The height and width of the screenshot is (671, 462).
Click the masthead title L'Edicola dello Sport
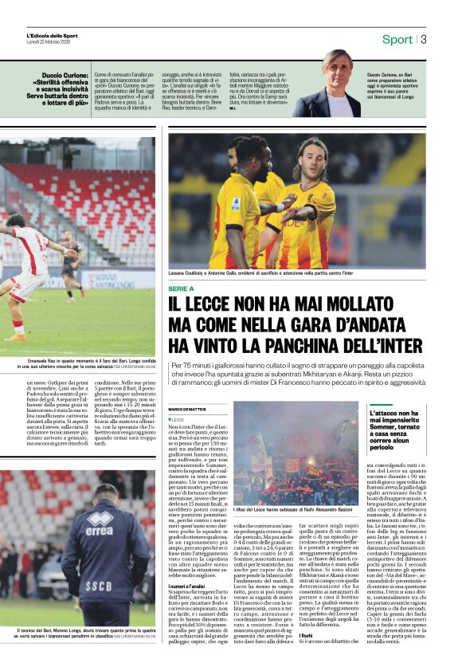click(x=52, y=35)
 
